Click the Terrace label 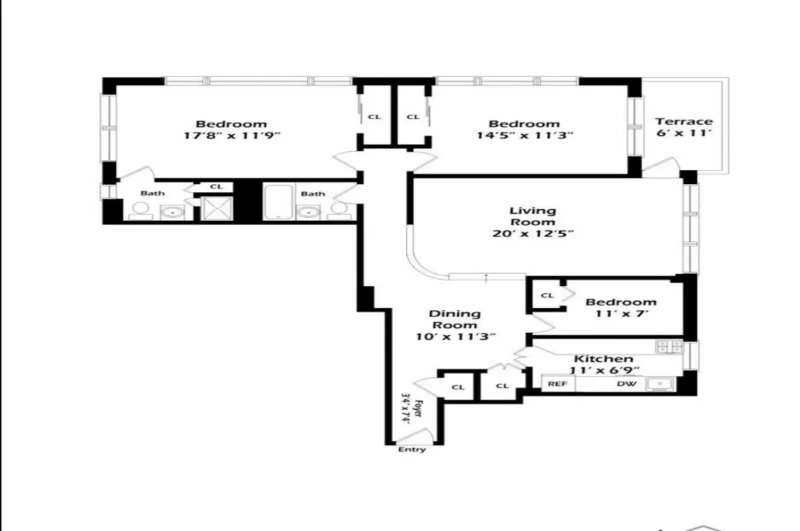tap(683, 121)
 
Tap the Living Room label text tap(532, 217)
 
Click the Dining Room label tap(454, 319)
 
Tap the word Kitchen tap(602, 359)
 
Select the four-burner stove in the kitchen tap(669, 346)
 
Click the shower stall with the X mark tap(215, 209)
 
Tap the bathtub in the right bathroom tap(277, 203)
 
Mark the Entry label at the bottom tap(411, 450)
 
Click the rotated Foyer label tap(412, 408)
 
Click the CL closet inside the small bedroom tap(547, 295)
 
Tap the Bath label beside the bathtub tap(313, 194)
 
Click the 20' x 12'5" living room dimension tap(532, 234)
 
